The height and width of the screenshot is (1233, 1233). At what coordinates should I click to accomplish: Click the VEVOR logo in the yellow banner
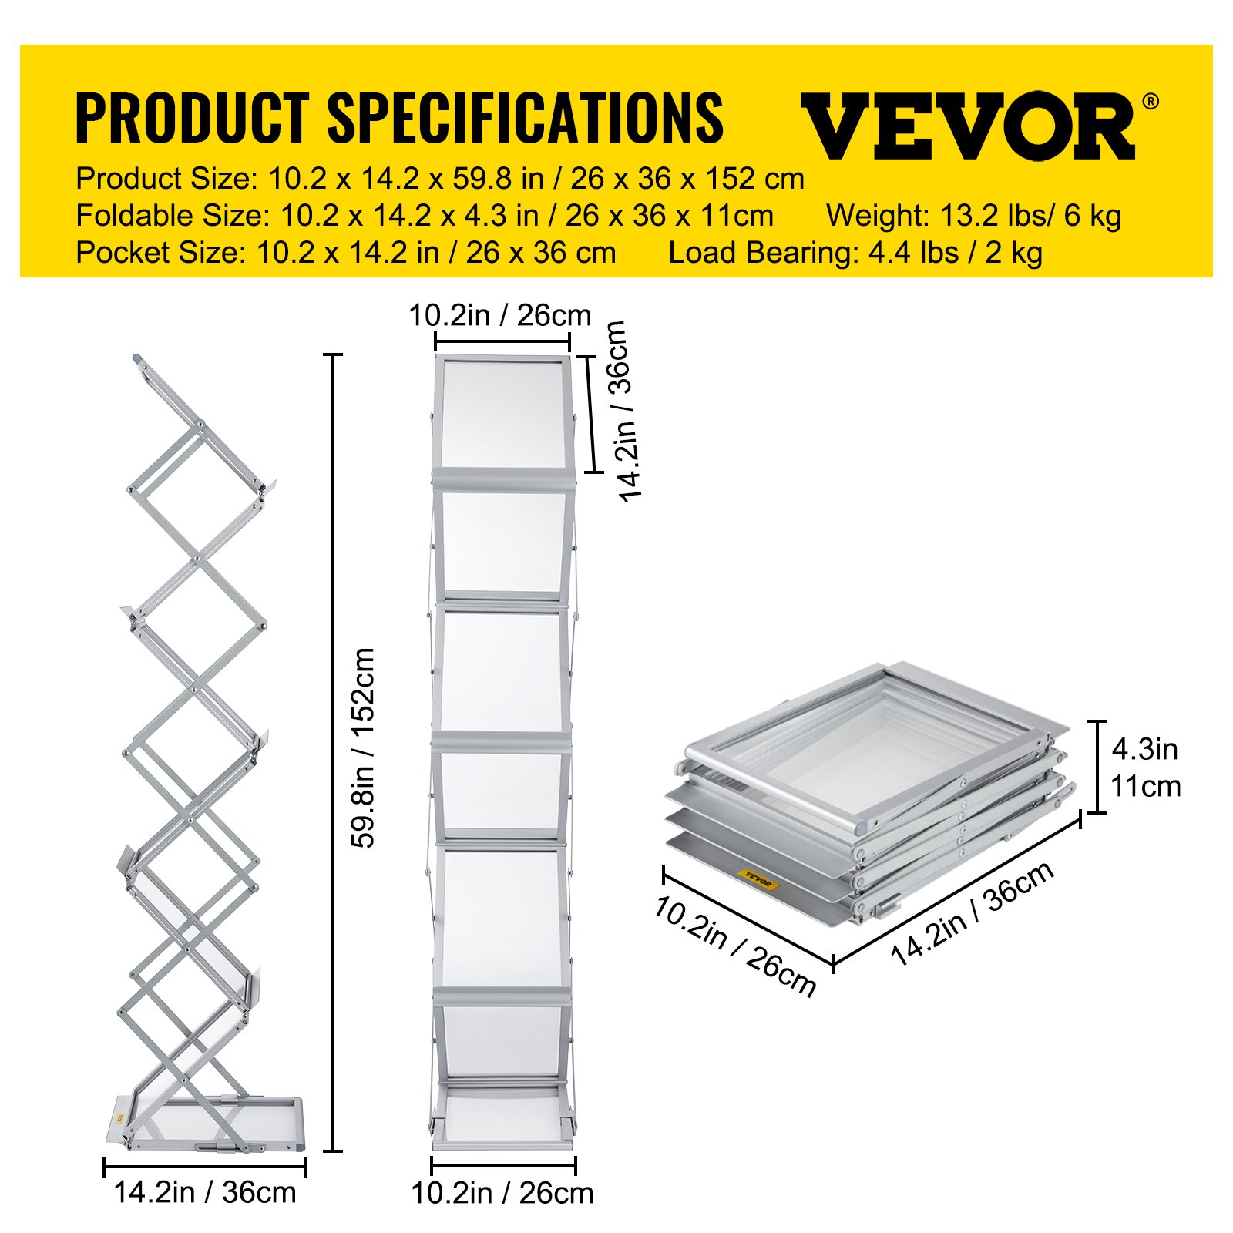(x=968, y=125)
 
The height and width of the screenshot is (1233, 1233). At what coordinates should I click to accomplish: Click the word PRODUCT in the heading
(x=192, y=117)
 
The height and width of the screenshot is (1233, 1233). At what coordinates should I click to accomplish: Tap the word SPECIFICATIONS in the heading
(x=526, y=117)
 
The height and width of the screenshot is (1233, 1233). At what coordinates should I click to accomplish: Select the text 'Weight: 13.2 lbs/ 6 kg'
(x=973, y=216)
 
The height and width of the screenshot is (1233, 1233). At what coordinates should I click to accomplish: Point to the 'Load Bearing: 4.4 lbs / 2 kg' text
(x=855, y=253)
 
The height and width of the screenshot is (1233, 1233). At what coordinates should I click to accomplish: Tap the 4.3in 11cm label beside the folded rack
(x=1145, y=768)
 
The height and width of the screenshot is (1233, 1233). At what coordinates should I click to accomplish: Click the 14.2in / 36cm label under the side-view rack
(x=205, y=1192)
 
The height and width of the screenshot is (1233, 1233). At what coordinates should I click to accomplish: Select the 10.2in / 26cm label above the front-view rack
(x=500, y=315)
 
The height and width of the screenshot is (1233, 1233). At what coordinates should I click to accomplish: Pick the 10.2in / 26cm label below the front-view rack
(x=502, y=1193)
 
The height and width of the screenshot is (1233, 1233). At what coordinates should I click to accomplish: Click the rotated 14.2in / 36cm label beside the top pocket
(x=624, y=411)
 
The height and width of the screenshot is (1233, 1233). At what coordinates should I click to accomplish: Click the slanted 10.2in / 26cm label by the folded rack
(x=734, y=946)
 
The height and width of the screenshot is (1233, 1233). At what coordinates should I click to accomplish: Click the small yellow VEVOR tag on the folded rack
(x=758, y=879)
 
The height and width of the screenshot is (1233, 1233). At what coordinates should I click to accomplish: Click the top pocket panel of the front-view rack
(x=503, y=413)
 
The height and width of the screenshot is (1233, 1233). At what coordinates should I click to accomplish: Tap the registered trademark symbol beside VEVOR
(x=1150, y=101)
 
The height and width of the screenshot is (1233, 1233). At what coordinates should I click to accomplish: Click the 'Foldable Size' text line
(x=425, y=216)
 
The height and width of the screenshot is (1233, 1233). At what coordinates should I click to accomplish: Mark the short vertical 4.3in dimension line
(x=1097, y=766)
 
